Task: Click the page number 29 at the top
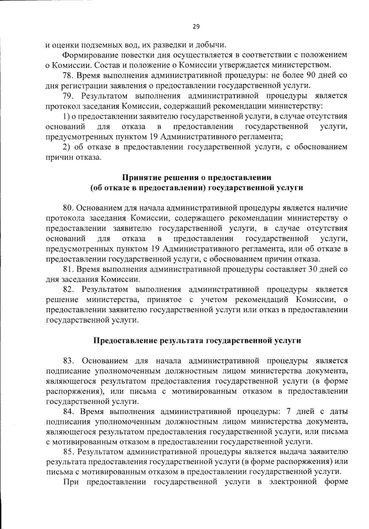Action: point(196,26)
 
